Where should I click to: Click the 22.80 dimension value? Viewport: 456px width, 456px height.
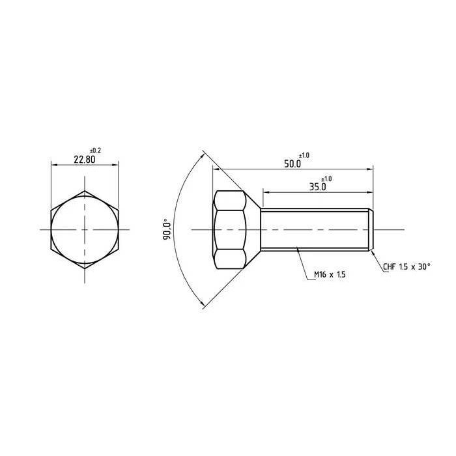pyautogui.click(x=83, y=160)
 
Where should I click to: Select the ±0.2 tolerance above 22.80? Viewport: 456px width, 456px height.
pyautogui.click(x=95, y=150)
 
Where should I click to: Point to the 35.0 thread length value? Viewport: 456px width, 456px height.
pyautogui.click(x=317, y=187)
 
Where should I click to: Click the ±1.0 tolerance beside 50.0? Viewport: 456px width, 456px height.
pyautogui.click(x=304, y=155)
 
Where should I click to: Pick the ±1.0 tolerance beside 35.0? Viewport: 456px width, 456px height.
pyautogui.click(x=326, y=178)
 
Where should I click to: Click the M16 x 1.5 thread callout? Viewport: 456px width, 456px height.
pyautogui.click(x=329, y=276)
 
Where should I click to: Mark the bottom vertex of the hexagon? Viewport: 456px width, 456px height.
pyautogui.click(x=85, y=269)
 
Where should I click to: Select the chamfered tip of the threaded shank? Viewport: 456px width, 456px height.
pyautogui.click(x=371, y=230)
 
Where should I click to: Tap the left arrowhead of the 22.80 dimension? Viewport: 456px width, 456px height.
pyautogui.click(x=53, y=165)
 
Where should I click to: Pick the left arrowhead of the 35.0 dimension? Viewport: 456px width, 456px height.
pyautogui.click(x=266, y=192)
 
